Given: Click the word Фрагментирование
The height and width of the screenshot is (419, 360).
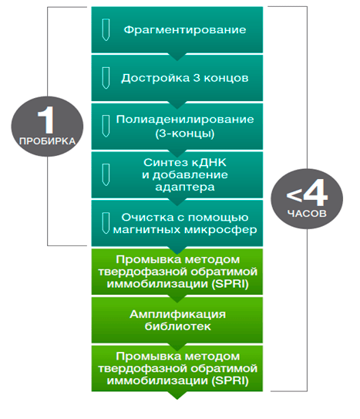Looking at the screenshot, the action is click(x=185, y=29).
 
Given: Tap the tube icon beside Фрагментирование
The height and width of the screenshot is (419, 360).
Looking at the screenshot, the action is click(x=106, y=29).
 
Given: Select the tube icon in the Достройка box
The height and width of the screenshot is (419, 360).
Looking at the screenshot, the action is click(x=106, y=78).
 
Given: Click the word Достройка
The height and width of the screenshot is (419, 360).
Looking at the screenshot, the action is click(x=155, y=78).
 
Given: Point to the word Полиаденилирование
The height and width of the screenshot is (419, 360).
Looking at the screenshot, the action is click(x=185, y=119).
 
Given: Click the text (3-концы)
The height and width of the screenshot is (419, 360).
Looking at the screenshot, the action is click(x=185, y=133).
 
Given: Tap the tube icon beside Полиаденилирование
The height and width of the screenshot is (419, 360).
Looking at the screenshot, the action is click(x=106, y=126).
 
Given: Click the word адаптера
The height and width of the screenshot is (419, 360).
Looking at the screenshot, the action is click(x=185, y=187).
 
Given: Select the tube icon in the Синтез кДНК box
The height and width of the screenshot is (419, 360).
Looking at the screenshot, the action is click(x=106, y=174).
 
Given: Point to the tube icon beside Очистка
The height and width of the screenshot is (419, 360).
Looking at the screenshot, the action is click(x=106, y=223).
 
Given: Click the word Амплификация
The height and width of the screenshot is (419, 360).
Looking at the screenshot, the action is click(x=178, y=314).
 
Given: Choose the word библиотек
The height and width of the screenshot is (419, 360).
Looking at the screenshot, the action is click(x=178, y=326).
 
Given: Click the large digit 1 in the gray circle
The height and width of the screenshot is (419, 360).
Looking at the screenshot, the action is click(x=46, y=120).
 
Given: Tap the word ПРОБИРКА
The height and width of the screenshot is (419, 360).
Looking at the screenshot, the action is click(x=47, y=141).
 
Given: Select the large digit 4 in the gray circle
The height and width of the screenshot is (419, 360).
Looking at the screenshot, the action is click(x=315, y=192).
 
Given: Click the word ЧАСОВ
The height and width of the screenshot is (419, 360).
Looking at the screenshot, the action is click(x=307, y=214).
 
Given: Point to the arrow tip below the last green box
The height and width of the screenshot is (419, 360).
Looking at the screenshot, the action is click(x=177, y=399).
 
